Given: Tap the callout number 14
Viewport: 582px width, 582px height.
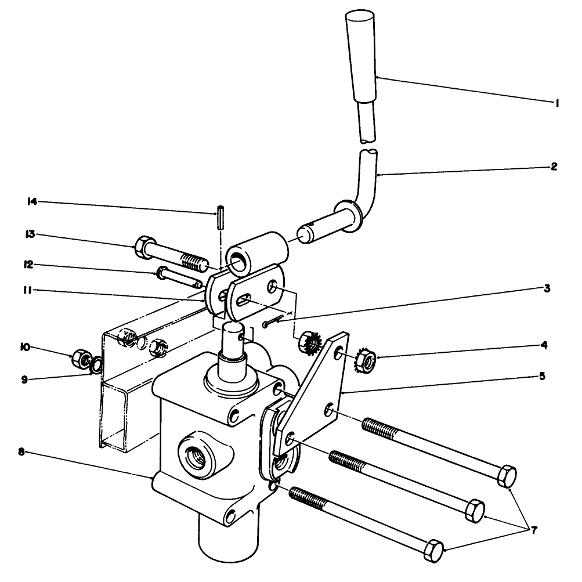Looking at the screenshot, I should click(32, 202).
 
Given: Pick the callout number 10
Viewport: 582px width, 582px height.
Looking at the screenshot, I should click(24, 348).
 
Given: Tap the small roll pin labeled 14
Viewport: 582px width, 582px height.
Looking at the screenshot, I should click(221, 218).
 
